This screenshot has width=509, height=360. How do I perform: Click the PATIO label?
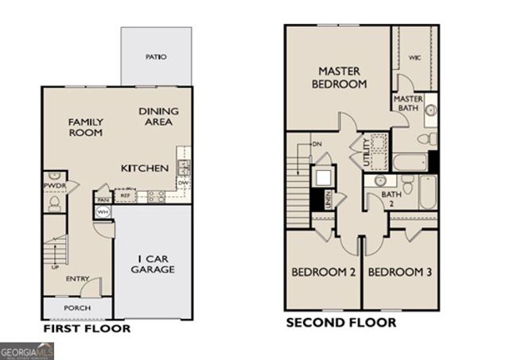point(156,57)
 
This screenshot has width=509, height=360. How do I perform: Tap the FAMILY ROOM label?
point(85,127)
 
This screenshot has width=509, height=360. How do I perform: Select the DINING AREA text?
point(159,117)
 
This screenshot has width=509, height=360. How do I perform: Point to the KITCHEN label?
point(144,168)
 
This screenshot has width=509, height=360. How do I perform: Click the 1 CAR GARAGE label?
point(153,264)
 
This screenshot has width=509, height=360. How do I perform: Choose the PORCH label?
point(76,308)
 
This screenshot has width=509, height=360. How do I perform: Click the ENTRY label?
point(77,278)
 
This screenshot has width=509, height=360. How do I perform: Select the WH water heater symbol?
point(103,212)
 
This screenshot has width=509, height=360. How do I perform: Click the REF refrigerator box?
point(126,195)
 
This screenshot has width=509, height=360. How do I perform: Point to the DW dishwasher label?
point(183,182)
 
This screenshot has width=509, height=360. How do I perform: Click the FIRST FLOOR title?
point(87,328)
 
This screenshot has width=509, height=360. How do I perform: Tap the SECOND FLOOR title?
point(341,323)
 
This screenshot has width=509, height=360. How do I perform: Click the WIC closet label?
point(414,57)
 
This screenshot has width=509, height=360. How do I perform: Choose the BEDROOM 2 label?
point(322,273)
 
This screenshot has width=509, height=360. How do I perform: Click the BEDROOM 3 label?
point(400,273)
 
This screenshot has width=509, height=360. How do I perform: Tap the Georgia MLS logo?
point(27,350)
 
